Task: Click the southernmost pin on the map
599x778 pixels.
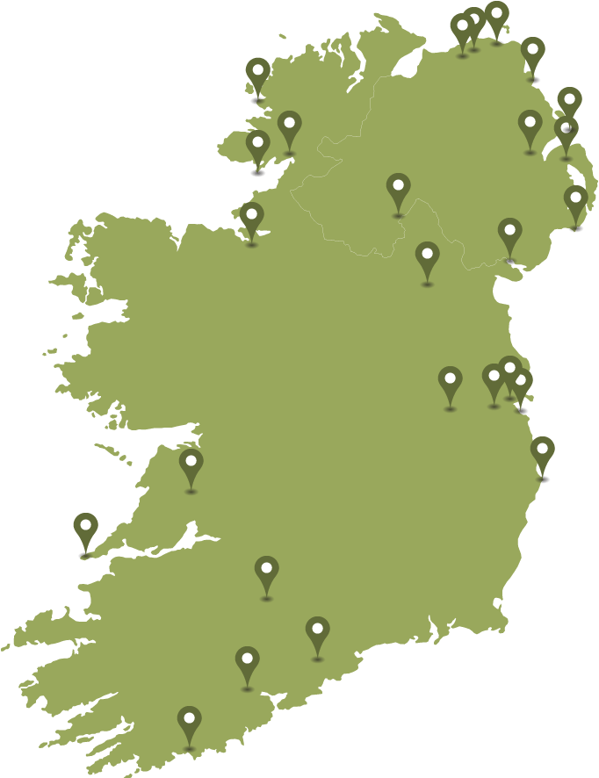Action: click(189, 721)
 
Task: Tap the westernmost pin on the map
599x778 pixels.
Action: click(85, 528)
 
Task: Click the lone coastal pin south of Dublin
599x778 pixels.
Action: click(543, 451)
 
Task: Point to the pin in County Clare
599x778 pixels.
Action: click(191, 463)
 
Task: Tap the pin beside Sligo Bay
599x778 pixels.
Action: click(251, 216)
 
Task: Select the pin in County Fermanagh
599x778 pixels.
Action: click(398, 188)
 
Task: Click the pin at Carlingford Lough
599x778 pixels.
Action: click(509, 233)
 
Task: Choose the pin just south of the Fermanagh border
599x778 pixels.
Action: click(427, 256)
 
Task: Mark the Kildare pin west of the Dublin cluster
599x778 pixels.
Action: click(450, 381)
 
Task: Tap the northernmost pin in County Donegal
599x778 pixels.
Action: click(257, 72)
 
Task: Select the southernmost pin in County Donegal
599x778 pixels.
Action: click(257, 145)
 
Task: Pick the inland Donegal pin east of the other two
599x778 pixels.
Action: click(289, 126)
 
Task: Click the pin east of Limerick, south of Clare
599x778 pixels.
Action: click(266, 571)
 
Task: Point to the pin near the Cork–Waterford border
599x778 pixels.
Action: click(317, 631)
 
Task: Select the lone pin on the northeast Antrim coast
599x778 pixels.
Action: click(532, 52)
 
